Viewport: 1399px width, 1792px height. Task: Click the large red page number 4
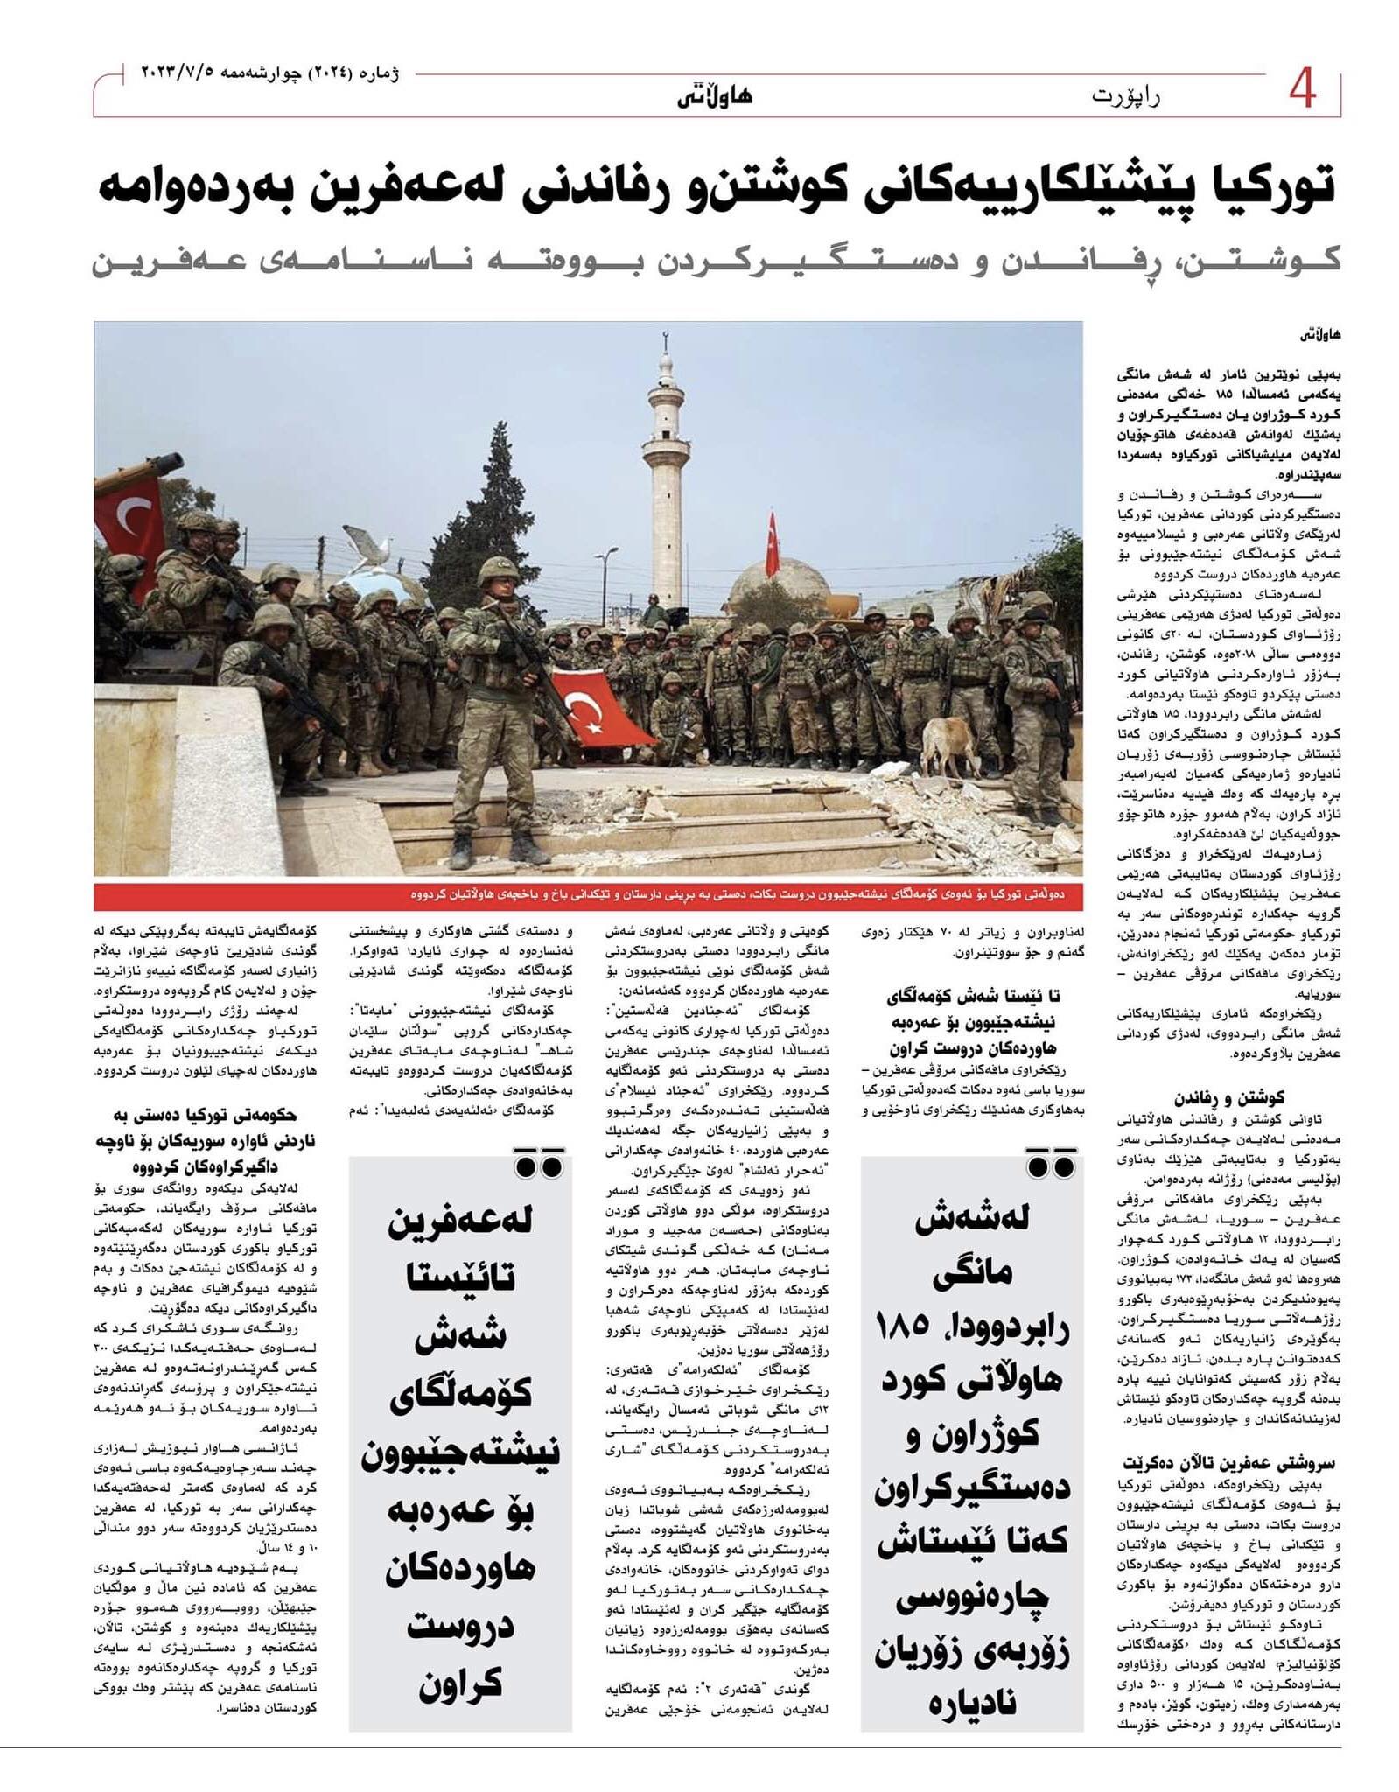point(1302,90)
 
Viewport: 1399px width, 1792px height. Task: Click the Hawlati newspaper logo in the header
point(714,95)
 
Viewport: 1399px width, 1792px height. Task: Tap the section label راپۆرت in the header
point(1125,95)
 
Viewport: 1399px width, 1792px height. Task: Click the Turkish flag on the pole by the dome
point(772,546)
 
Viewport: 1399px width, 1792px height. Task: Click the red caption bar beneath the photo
point(588,896)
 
